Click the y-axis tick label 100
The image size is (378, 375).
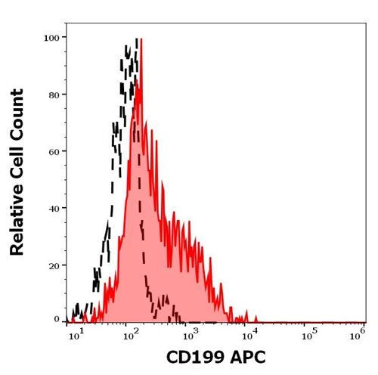[51, 36]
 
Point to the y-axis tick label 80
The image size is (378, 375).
[54, 95]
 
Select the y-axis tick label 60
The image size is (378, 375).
[54, 150]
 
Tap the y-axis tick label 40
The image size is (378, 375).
[54, 207]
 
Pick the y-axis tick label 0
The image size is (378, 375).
[57, 320]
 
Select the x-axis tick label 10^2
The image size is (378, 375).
[132, 333]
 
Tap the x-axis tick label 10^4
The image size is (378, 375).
[248, 333]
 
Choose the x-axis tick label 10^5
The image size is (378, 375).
[306, 333]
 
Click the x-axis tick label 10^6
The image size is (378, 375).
[360, 333]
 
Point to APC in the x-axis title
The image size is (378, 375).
[246, 357]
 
